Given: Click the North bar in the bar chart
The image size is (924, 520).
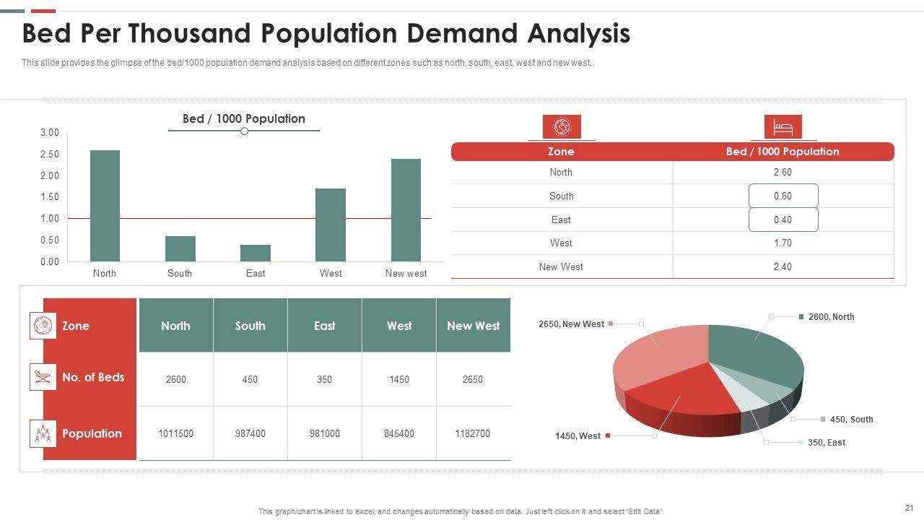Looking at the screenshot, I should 105,206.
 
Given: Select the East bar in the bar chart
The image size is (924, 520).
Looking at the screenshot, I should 256,253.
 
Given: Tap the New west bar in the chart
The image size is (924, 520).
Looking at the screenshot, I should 406,210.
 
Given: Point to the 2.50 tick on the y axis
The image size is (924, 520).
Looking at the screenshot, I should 50,154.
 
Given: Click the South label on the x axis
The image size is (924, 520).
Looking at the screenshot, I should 180,273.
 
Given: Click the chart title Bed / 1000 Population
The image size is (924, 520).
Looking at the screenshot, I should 244,118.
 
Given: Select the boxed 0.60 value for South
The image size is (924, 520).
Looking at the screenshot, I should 783,196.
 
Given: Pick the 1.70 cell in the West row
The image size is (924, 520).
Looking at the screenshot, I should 783,243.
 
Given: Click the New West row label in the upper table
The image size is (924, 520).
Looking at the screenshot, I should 561,266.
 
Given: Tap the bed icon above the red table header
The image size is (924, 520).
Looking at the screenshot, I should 783,128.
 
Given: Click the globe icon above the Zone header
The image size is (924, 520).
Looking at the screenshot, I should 562,127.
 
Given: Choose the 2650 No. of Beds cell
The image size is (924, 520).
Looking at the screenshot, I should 472,379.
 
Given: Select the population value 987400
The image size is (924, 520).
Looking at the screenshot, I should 250,433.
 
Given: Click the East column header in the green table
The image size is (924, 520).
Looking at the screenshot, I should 324,326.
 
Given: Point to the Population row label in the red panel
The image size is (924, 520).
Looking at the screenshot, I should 92,433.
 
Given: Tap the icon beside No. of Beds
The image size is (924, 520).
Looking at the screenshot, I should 43,377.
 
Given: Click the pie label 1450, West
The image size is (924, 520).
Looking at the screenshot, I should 577,436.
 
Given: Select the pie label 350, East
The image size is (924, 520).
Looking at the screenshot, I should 827,442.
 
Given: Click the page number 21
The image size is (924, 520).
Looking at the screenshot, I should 909,508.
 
